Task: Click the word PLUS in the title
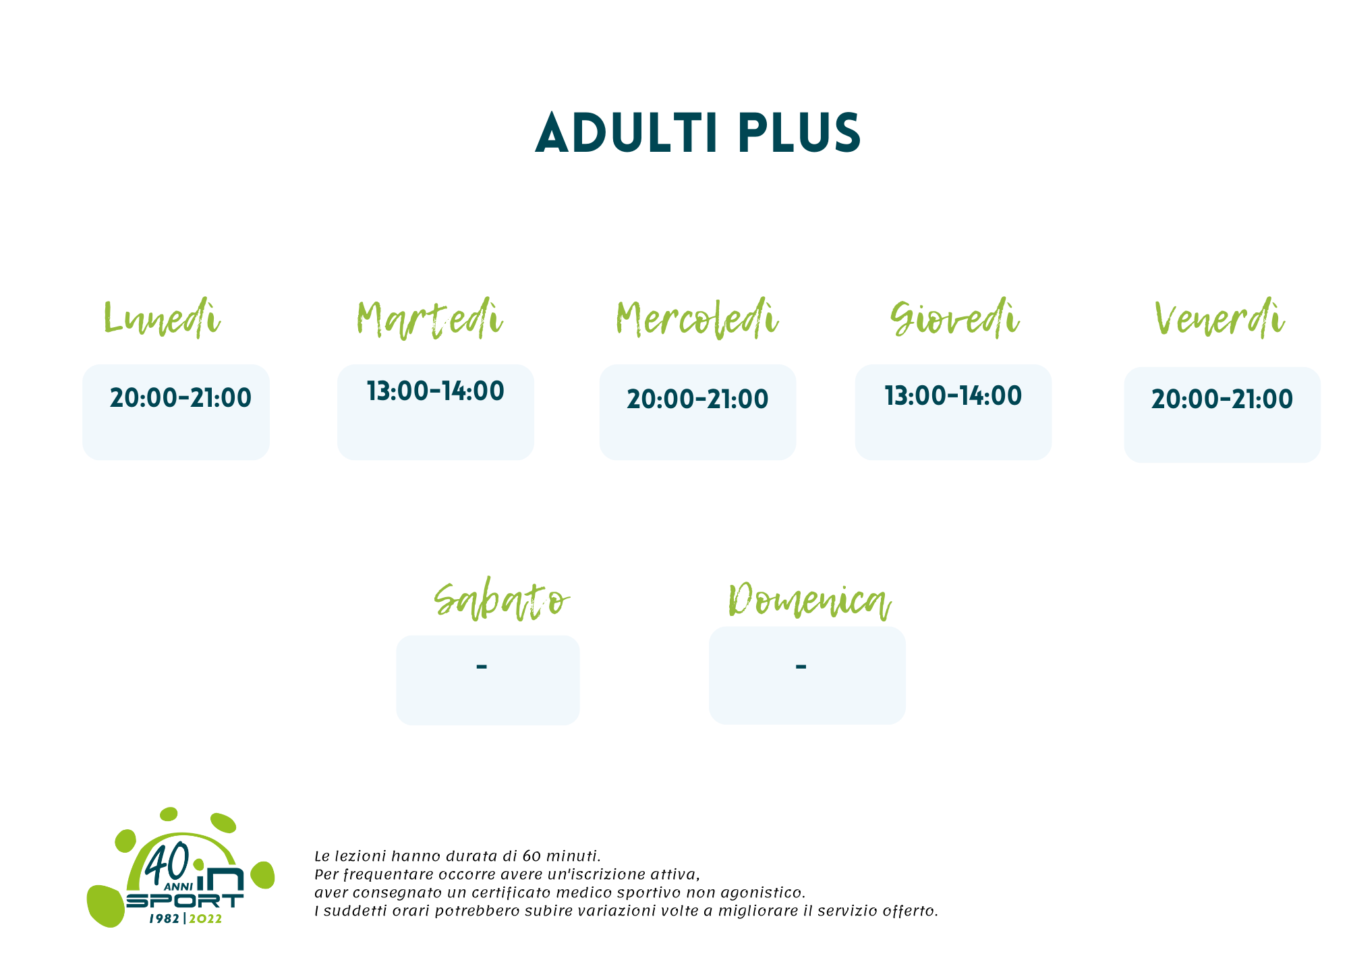click(x=799, y=133)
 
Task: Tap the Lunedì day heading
click(x=162, y=318)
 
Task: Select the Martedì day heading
click(x=430, y=318)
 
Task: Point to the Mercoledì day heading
click(x=697, y=318)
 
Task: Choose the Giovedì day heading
click(x=954, y=318)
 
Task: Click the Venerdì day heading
click(x=1219, y=318)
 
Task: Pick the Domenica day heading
click(x=809, y=600)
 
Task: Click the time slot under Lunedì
click(x=181, y=398)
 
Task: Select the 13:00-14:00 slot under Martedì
click(x=436, y=391)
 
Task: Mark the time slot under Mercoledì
click(x=697, y=399)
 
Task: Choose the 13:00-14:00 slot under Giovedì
click(x=953, y=396)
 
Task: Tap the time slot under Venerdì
click(x=1222, y=399)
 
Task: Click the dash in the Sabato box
click(x=482, y=667)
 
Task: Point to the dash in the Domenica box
click(x=801, y=667)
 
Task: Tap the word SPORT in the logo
click(x=185, y=901)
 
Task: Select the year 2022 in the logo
click(x=205, y=919)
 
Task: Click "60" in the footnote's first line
click(x=532, y=856)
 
